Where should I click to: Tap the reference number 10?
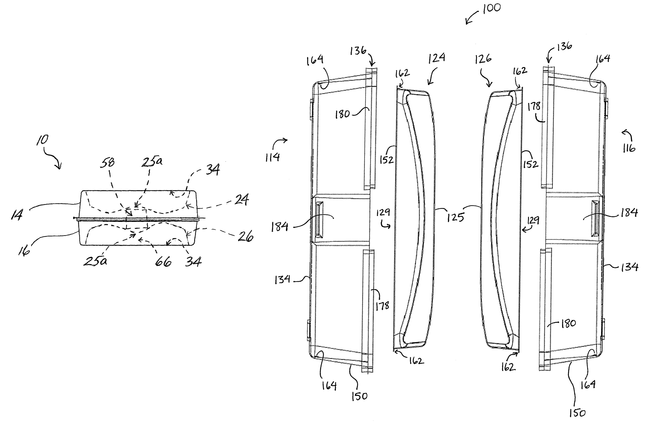point(43,140)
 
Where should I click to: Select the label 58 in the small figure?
point(108,162)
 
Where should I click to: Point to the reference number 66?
point(163,261)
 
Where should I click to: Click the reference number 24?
point(242,199)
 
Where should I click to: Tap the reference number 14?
point(17,215)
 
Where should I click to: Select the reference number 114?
point(273,157)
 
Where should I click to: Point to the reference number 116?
point(629,148)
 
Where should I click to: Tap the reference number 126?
point(483,59)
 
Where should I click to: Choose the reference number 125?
point(456,217)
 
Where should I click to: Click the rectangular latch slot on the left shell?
point(319,220)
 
